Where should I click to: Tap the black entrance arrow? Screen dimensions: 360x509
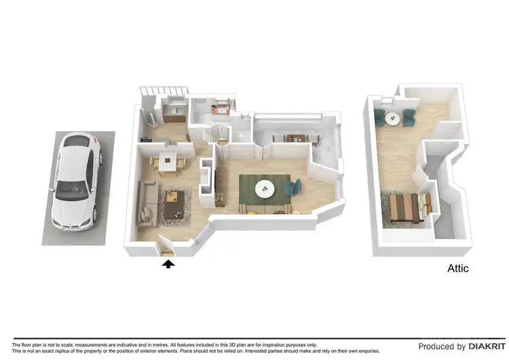[168, 264]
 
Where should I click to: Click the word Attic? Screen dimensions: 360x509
[457, 268]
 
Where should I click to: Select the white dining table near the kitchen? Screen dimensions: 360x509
[167, 160]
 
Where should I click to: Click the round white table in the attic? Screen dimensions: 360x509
[392, 118]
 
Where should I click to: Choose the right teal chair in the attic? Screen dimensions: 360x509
[409, 118]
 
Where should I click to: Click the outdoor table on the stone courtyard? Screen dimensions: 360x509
[290, 138]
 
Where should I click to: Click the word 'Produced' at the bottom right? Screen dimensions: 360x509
[437, 346]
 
